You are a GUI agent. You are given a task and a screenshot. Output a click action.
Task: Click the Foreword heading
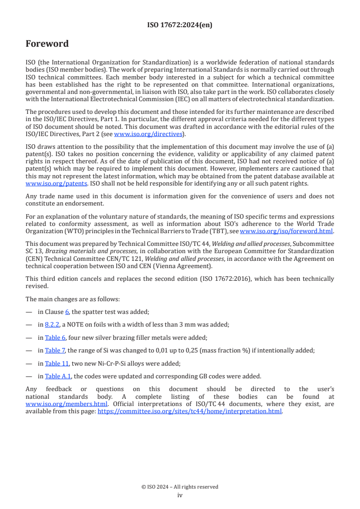(x=47, y=44)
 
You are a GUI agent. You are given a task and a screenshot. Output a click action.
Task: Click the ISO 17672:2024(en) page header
(x=180, y=25)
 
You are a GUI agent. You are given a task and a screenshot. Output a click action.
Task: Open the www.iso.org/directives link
(x=148, y=134)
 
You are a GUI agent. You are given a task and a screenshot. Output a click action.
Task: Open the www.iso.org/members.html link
(x=66, y=404)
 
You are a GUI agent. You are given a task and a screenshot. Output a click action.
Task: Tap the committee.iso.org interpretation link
(x=190, y=411)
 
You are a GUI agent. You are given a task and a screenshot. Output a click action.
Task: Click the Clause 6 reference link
(x=67, y=312)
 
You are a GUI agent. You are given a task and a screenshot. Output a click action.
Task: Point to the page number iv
(x=180, y=495)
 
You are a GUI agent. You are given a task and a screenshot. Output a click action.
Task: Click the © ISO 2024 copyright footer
(x=180, y=487)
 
